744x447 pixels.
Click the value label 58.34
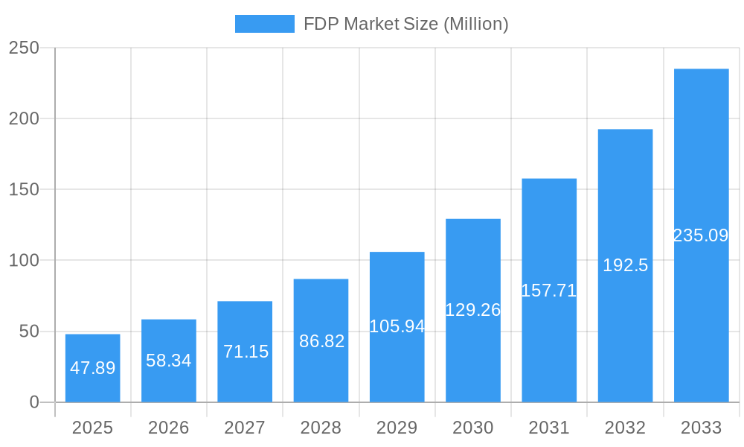tap(169, 361)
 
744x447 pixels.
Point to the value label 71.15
tap(246, 352)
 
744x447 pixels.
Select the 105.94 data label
tap(397, 326)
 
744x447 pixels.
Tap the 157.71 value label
tap(549, 291)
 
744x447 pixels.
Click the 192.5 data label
tap(625, 265)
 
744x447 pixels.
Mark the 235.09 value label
tap(701, 235)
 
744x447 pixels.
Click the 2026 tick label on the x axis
tap(169, 428)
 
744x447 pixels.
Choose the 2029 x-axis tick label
tap(397, 428)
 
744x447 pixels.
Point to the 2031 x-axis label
tap(549, 428)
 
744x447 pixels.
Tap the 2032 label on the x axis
tap(625, 428)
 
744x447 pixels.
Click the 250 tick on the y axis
tap(24, 48)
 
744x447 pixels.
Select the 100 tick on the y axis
tap(24, 261)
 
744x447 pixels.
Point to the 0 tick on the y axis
tap(34, 402)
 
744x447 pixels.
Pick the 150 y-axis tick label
tap(24, 189)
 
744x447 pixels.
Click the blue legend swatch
tap(264, 24)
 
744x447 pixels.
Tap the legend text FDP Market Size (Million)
tap(406, 24)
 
